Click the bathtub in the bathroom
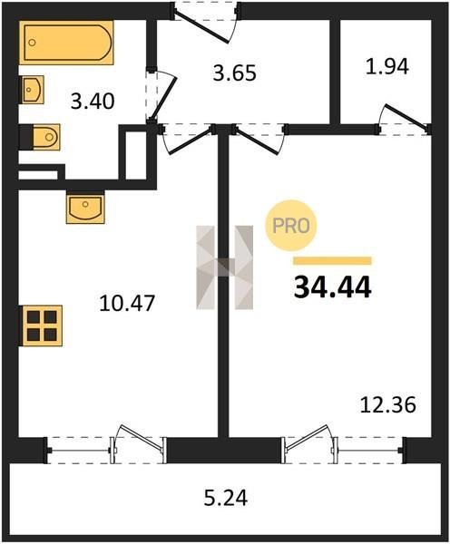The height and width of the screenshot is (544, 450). pyautogui.click(x=66, y=43)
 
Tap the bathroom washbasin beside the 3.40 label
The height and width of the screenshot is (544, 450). pyautogui.click(x=33, y=90)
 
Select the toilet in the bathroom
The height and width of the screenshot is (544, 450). pyautogui.click(x=46, y=137)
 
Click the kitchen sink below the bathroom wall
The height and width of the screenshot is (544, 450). pyautogui.click(x=85, y=209)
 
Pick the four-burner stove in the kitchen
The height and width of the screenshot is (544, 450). pyautogui.click(x=42, y=325)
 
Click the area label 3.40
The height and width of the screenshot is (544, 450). pyautogui.click(x=93, y=102)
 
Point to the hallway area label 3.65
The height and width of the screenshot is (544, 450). pyautogui.click(x=235, y=73)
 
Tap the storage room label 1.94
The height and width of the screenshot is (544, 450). pyautogui.click(x=387, y=66)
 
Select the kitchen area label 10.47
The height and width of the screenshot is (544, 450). pyautogui.click(x=127, y=303)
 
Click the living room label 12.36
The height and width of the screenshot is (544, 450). pyautogui.click(x=387, y=405)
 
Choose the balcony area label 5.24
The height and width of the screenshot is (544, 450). pyautogui.click(x=226, y=498)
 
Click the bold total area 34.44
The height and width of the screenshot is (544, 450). pyautogui.click(x=333, y=287)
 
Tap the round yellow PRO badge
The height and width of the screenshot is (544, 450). pyautogui.click(x=291, y=226)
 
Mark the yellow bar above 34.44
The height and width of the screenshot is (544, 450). pyautogui.click(x=332, y=260)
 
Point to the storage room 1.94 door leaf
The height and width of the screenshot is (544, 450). pyautogui.click(x=406, y=117)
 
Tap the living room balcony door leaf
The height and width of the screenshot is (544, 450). pyautogui.click(x=307, y=438)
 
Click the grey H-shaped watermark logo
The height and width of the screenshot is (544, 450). pyautogui.click(x=225, y=267)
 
